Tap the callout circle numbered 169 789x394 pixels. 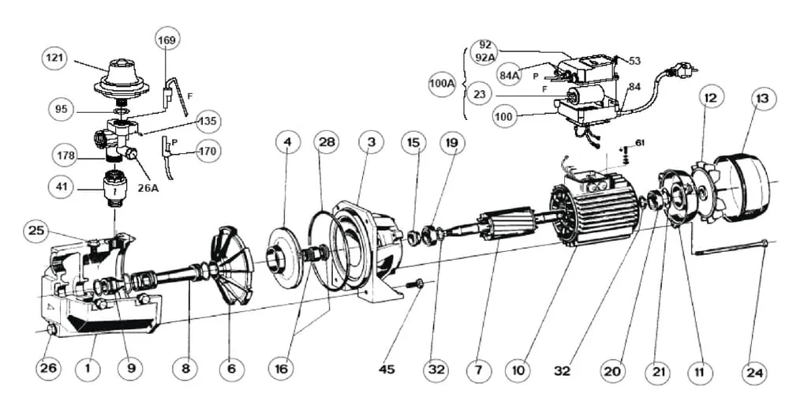[166, 39]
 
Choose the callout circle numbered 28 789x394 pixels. [327, 143]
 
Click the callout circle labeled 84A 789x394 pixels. [509, 75]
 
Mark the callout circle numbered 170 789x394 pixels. [208, 151]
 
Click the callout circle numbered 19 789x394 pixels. [451, 143]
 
